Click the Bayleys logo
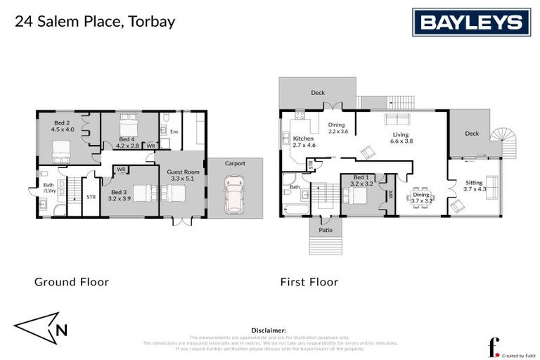[x=470, y=22]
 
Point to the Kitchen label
[x=303, y=142]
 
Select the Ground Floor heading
[x=72, y=282]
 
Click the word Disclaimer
[x=269, y=330]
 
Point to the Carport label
[x=235, y=163]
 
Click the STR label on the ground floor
[x=91, y=198]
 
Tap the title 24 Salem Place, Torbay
[x=95, y=21]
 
